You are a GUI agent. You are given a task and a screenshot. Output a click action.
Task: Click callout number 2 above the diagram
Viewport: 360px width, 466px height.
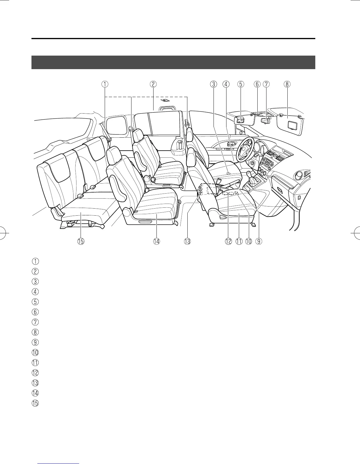[153, 84]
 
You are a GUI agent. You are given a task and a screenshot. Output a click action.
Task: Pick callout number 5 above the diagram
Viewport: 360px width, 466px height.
[241, 84]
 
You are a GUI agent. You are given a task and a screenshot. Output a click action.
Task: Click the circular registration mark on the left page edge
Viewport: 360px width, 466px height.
[4, 232]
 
